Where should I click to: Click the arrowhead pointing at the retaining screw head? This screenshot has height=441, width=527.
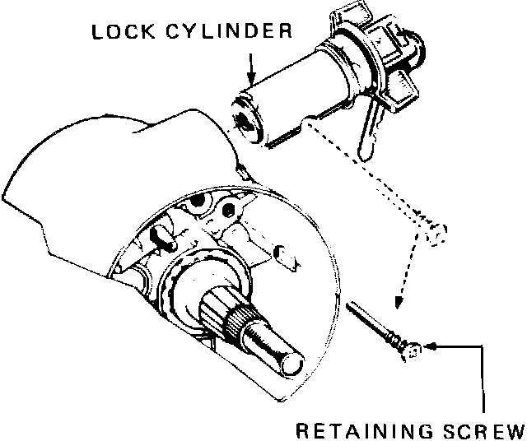427,348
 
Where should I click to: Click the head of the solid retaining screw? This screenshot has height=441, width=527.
409,350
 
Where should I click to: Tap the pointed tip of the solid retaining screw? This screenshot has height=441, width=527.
350,305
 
